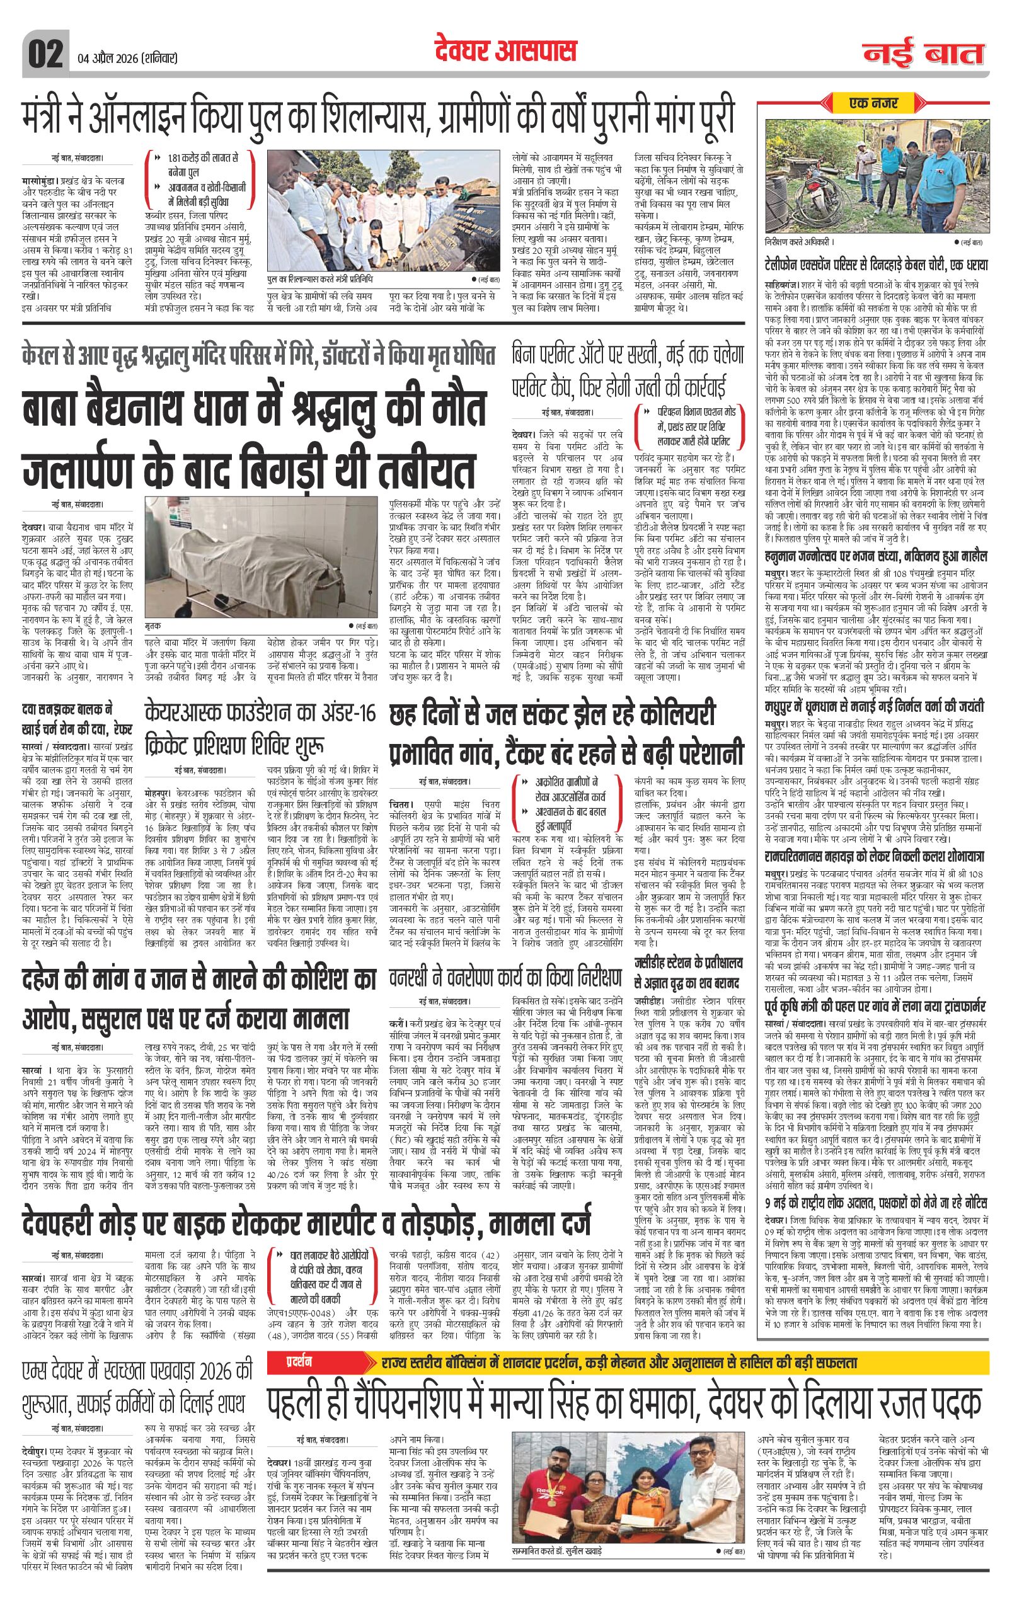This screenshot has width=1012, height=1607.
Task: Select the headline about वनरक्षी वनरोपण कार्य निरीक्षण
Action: tap(504, 983)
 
